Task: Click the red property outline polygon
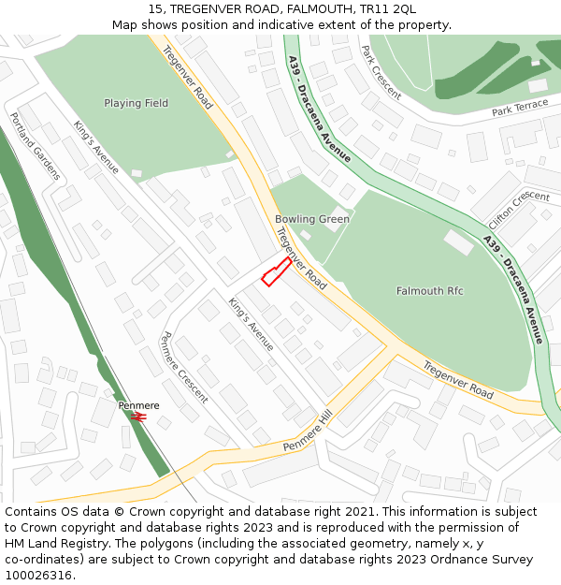275,272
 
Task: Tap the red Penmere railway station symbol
138,417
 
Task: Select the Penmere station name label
138,405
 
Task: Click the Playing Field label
137,103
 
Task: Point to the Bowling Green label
312,219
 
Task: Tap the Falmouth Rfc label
429,291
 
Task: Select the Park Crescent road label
381,73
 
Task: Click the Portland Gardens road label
35,146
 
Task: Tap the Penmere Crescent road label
184,367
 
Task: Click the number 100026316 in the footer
39,576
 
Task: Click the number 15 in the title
155,8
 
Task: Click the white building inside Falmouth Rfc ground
458,242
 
